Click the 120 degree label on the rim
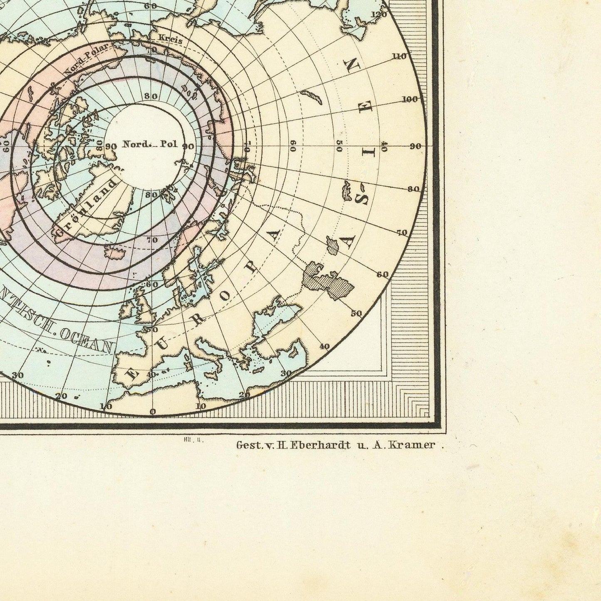pyautogui.click(x=379, y=15)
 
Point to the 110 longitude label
pyautogui.click(x=399, y=57)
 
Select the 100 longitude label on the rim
pyautogui.click(x=410, y=99)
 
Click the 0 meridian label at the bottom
pyautogui.click(x=153, y=412)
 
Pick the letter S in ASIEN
pyautogui.click(x=360, y=200)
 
